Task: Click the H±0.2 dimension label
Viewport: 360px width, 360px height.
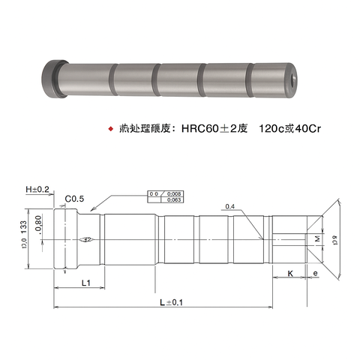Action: [36, 190]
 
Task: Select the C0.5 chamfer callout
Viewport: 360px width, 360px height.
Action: [74, 199]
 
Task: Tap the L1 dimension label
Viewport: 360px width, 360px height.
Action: [85, 282]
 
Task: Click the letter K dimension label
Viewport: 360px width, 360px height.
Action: [289, 274]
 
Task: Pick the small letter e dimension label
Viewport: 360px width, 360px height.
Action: [315, 274]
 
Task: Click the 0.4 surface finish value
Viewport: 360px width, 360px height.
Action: [229, 206]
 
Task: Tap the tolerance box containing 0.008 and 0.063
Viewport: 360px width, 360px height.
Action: [165, 196]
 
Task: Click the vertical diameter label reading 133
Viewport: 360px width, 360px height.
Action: [24, 232]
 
